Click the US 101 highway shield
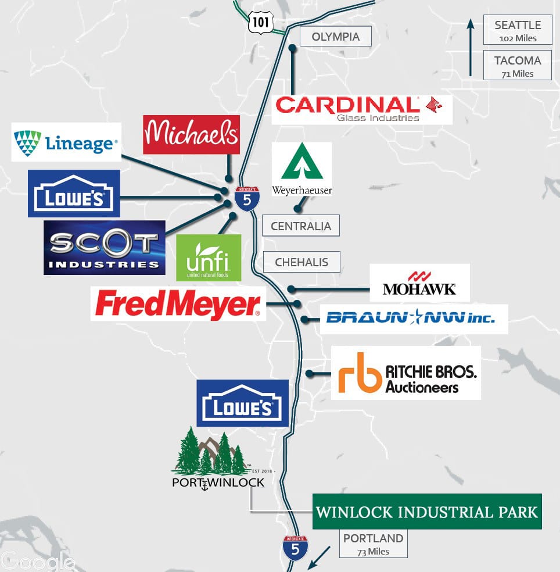(x=261, y=23)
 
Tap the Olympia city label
(x=336, y=37)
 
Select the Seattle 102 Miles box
(x=518, y=30)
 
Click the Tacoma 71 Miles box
(x=518, y=65)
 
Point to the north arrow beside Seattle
(x=471, y=48)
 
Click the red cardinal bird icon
(x=433, y=105)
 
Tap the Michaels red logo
(x=191, y=135)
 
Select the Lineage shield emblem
(x=27, y=142)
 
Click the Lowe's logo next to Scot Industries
(x=74, y=194)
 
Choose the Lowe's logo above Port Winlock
(x=242, y=403)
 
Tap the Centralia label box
(x=301, y=226)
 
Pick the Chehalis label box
(x=301, y=262)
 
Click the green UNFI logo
(x=209, y=258)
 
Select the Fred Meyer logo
(x=178, y=303)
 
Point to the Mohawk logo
(x=419, y=283)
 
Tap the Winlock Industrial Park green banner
(x=427, y=512)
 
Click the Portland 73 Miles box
(x=374, y=544)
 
